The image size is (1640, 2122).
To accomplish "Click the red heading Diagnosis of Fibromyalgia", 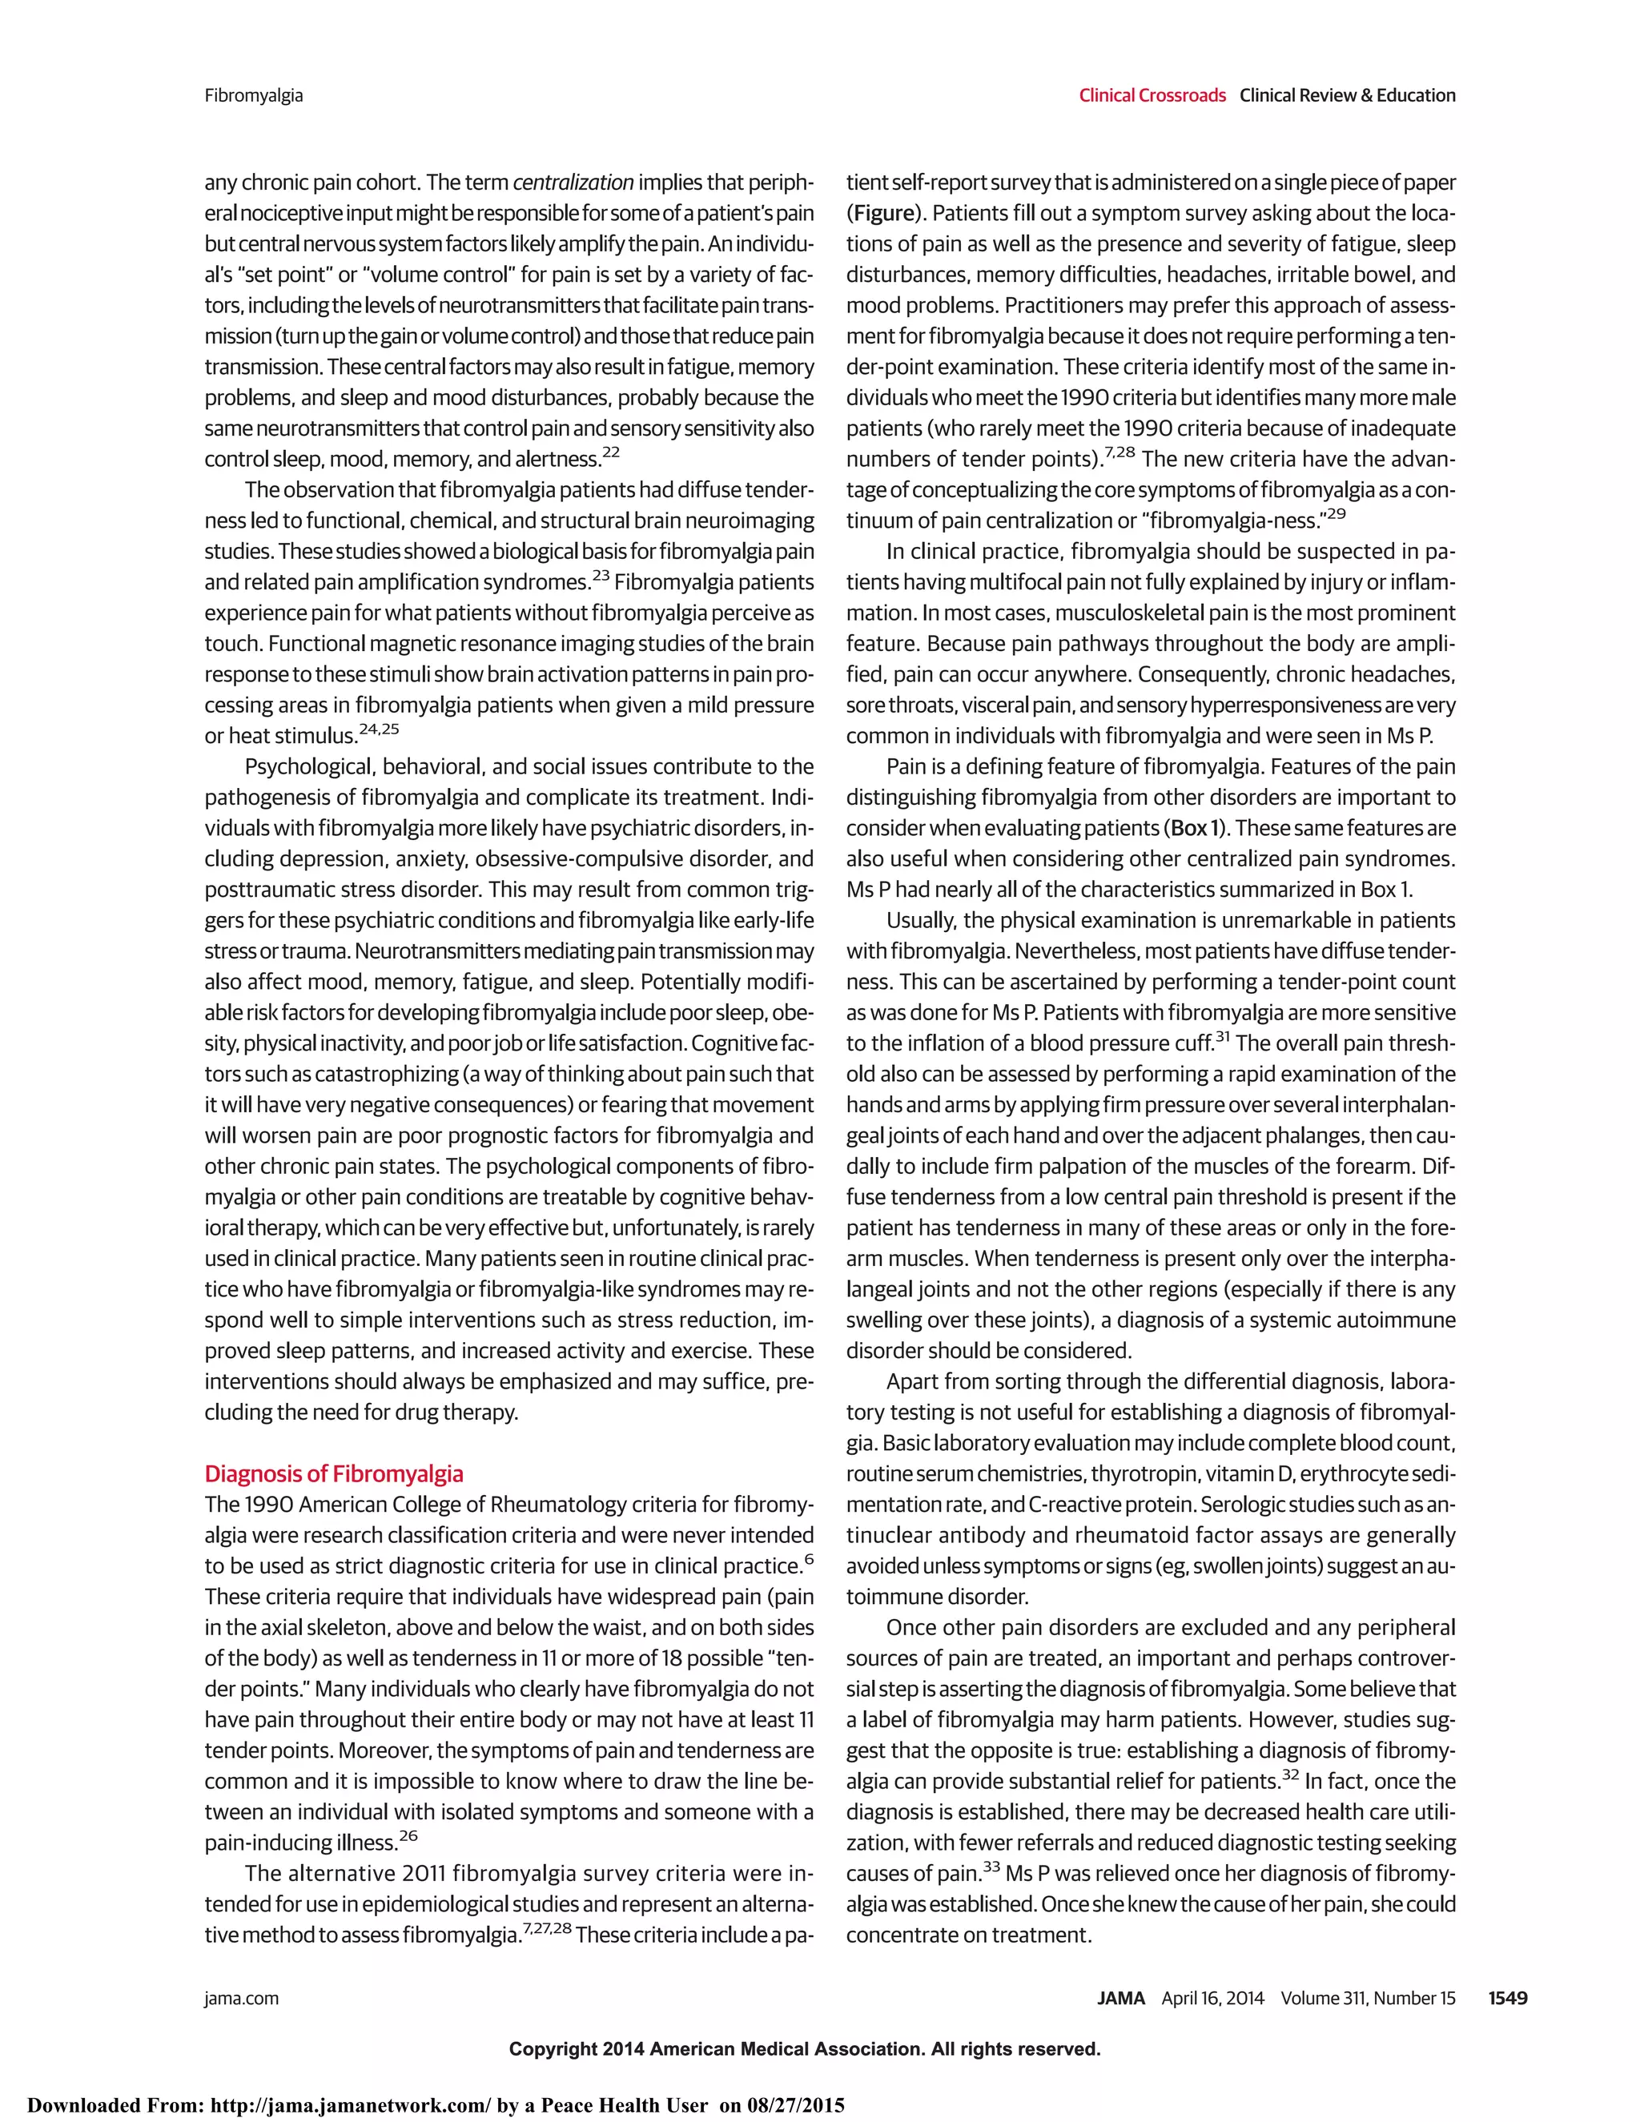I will click(x=333, y=1474).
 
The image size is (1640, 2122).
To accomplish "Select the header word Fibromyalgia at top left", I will click(x=254, y=95).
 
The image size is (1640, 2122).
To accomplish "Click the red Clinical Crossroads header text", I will click(x=1152, y=95).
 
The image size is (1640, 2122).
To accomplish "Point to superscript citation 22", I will click(x=611, y=452).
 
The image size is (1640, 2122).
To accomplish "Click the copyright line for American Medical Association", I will click(x=805, y=2049).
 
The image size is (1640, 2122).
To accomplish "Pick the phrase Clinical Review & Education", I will click(x=1348, y=95).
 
